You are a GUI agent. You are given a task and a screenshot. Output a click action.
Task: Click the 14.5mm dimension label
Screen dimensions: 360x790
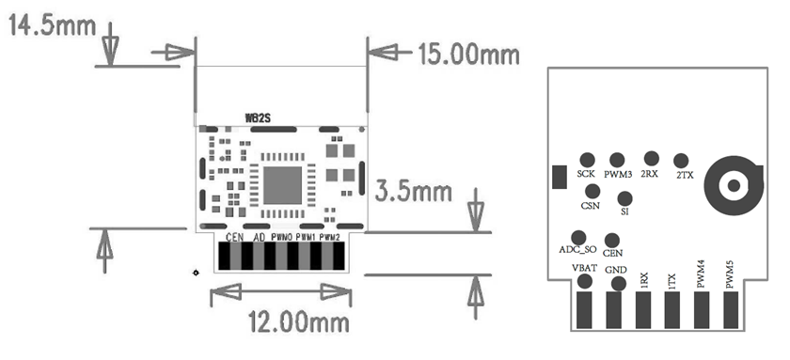(x=52, y=25)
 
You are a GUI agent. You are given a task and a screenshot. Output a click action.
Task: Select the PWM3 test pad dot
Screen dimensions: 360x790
(x=617, y=161)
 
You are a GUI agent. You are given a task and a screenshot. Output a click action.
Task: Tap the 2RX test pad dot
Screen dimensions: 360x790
(x=650, y=160)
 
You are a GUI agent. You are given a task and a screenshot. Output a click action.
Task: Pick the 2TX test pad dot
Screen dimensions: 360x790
(x=681, y=162)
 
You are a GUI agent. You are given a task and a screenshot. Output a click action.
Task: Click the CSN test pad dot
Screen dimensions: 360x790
(x=592, y=192)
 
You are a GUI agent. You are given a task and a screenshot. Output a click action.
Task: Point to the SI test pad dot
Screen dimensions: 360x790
(x=624, y=198)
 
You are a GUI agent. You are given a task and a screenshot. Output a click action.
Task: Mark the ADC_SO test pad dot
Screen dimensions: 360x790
(x=578, y=237)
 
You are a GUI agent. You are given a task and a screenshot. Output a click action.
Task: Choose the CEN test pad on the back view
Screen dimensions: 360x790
(x=612, y=241)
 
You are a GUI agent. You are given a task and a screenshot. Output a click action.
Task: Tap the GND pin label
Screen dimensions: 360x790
(x=616, y=272)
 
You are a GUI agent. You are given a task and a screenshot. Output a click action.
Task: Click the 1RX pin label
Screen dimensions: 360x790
(x=643, y=278)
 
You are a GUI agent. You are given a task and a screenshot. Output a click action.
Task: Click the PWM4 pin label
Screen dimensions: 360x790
(x=701, y=274)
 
